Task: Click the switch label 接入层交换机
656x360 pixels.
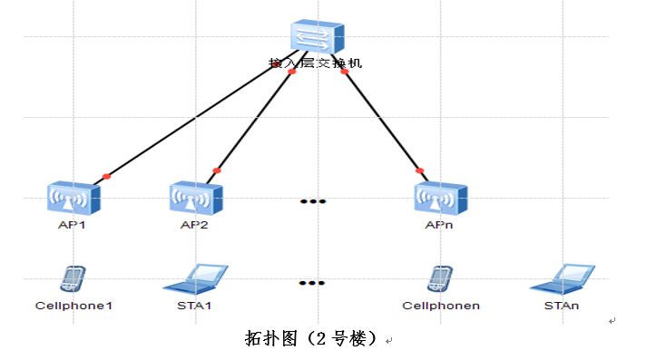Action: (315, 64)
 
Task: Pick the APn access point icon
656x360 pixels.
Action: (441, 198)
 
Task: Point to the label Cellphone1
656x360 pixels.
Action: (73, 306)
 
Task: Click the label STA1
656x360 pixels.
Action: (195, 306)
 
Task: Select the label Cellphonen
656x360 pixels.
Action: (441, 306)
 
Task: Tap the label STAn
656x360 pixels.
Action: (563, 306)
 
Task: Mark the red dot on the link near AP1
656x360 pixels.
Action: (106, 176)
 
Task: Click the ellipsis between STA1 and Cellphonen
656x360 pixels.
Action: (312, 283)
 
